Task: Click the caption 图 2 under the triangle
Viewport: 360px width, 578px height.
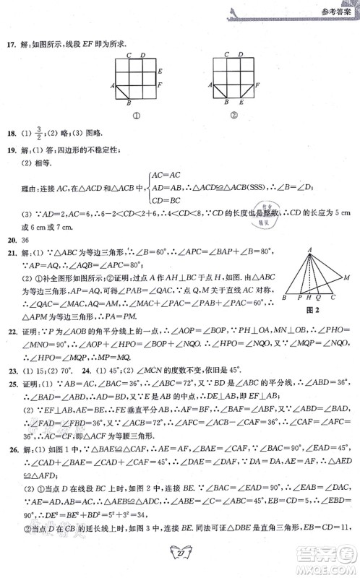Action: tap(313, 311)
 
